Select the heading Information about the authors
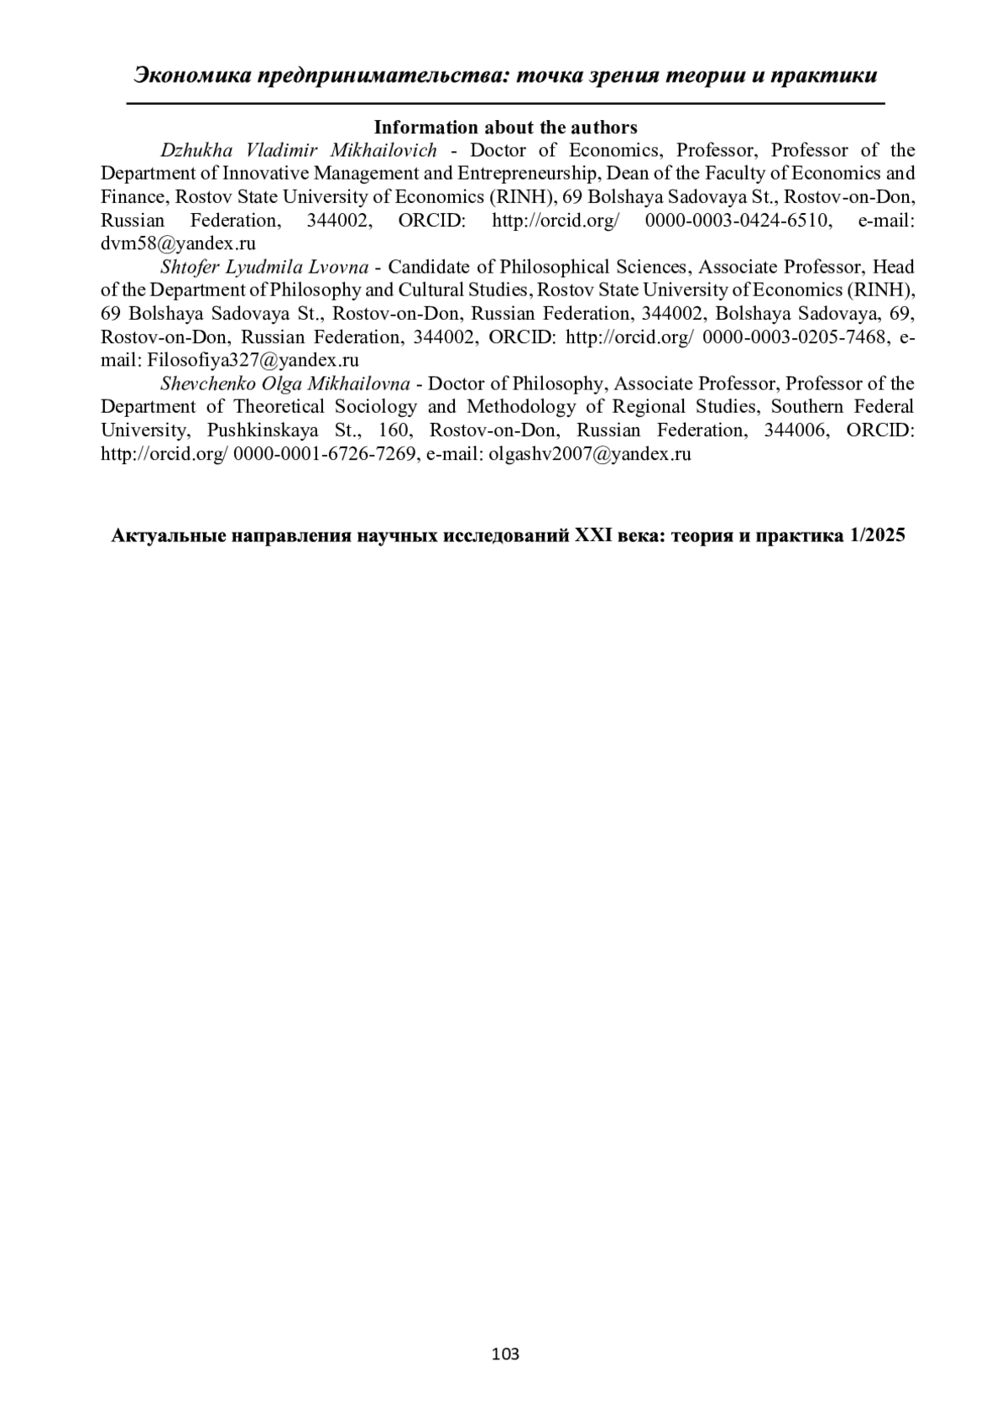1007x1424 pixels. (x=505, y=128)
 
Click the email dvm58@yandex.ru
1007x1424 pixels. (x=178, y=244)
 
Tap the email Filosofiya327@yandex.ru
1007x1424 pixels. (x=253, y=361)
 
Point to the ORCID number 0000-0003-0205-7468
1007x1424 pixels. (x=794, y=337)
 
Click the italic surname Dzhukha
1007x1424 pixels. (x=189, y=151)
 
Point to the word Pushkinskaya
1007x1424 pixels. (x=263, y=430)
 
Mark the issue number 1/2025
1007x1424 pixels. (x=877, y=536)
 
